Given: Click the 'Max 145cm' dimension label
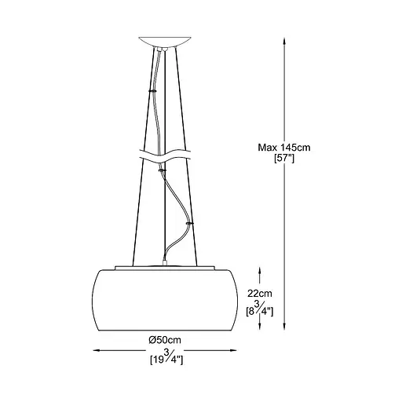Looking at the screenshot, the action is (x=284, y=148).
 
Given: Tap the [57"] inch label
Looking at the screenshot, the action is (x=284, y=159).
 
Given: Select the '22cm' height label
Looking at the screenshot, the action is (x=260, y=294).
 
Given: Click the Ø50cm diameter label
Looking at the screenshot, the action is (x=165, y=340).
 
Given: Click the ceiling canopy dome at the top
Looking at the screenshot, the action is (x=165, y=42).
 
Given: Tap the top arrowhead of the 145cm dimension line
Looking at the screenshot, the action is (x=284, y=42).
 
